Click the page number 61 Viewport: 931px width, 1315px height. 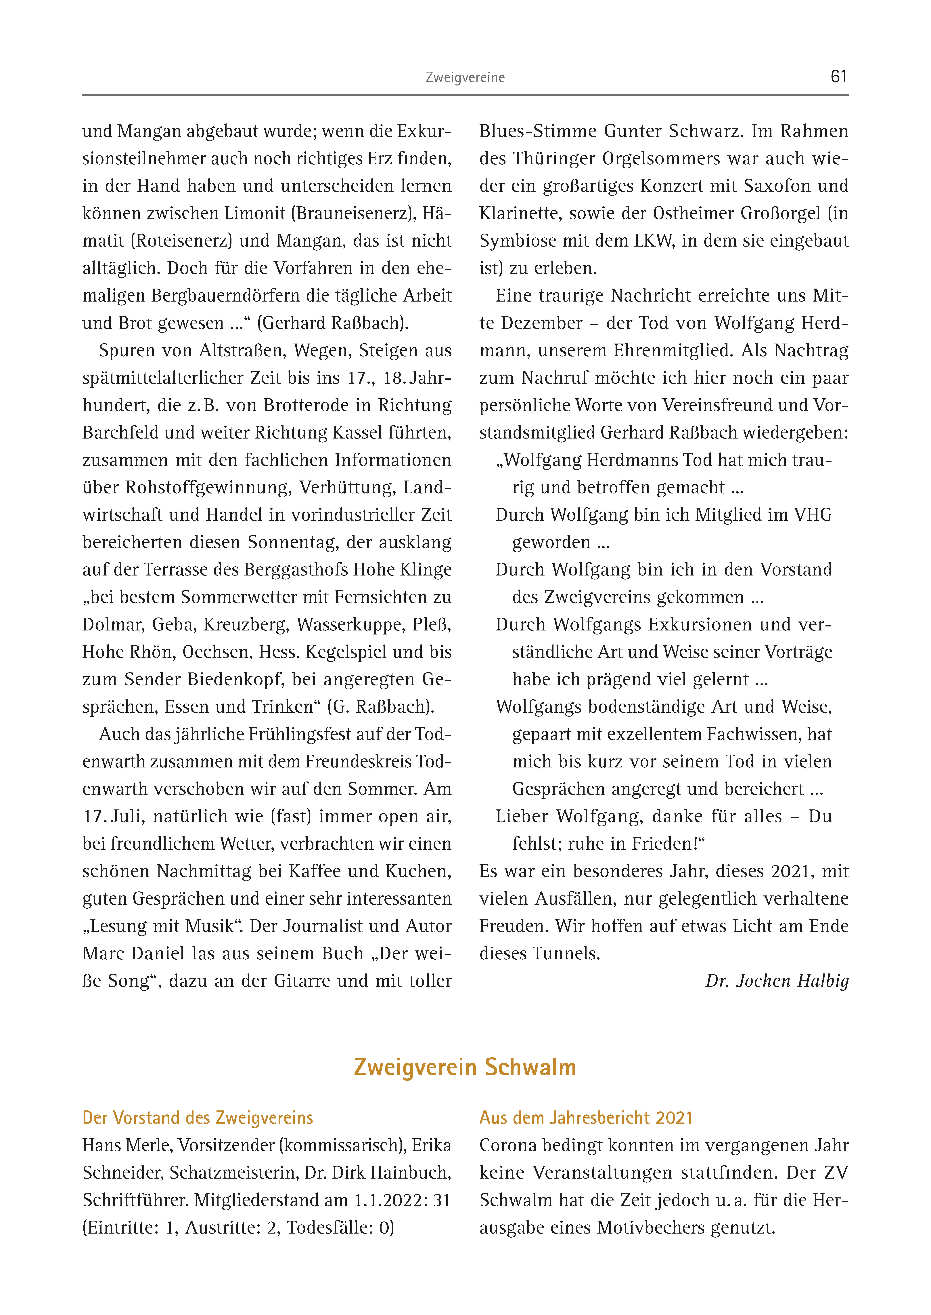coord(838,76)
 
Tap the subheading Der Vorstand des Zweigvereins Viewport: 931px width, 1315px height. coord(198,1118)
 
